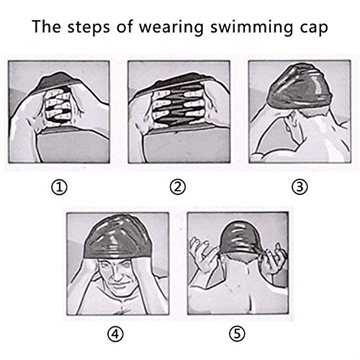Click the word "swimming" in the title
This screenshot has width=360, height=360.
tap(252, 27)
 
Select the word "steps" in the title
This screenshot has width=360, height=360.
tap(89, 27)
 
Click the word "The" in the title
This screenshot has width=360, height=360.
tap(46, 26)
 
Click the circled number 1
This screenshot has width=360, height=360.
tap(59, 187)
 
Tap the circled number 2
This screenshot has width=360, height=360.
tap(178, 187)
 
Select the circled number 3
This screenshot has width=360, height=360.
tap(300, 187)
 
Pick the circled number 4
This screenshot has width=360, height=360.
tap(115, 333)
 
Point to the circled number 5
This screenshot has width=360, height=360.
tap(237, 333)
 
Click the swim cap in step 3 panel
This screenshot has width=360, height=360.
tap(301, 85)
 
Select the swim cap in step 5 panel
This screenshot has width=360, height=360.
tap(239, 238)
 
